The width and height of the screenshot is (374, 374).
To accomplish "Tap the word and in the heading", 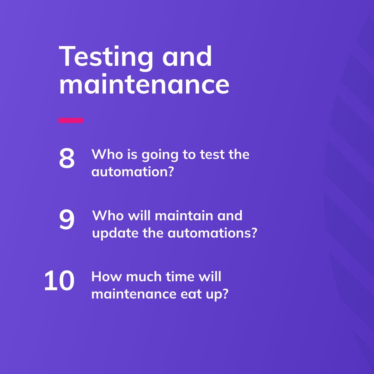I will point(187,56).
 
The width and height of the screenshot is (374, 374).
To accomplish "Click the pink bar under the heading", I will point(71,120).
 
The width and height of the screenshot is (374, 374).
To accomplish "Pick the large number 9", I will point(66,220).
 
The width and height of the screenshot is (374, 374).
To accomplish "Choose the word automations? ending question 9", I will point(212,233).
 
